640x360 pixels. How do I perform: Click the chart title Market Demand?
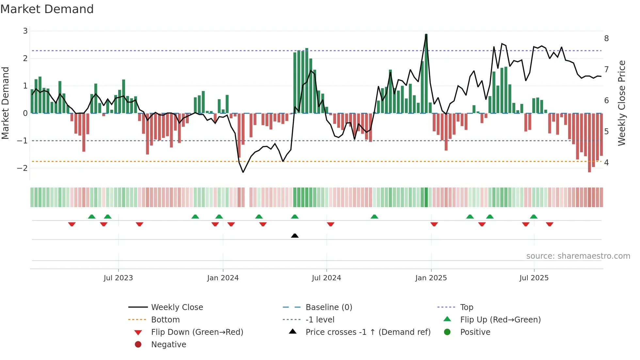(x=47, y=9)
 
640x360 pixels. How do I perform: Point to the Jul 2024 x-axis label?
(x=326, y=278)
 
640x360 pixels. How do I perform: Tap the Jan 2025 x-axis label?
(x=431, y=278)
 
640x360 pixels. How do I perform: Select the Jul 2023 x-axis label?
(x=118, y=278)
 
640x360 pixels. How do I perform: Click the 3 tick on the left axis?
(x=25, y=31)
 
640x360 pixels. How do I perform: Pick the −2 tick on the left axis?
(x=23, y=168)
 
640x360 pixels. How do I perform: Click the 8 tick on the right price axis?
(x=606, y=39)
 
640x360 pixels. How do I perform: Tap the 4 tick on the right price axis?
(x=606, y=163)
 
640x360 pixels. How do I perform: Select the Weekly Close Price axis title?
(x=622, y=103)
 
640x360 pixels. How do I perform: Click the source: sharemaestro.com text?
(x=578, y=256)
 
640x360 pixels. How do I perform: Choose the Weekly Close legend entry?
(x=177, y=307)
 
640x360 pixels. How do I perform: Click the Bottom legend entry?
(x=165, y=320)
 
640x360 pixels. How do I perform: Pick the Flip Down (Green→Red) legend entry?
(x=197, y=332)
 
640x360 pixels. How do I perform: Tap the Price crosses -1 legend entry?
(x=368, y=332)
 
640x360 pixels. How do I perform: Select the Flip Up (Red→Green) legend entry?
(x=500, y=320)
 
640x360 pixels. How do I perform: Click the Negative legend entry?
(x=168, y=345)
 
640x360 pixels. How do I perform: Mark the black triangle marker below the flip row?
(x=295, y=236)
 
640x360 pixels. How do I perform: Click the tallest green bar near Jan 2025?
(x=426, y=74)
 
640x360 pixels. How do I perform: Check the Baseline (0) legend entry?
(x=328, y=307)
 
